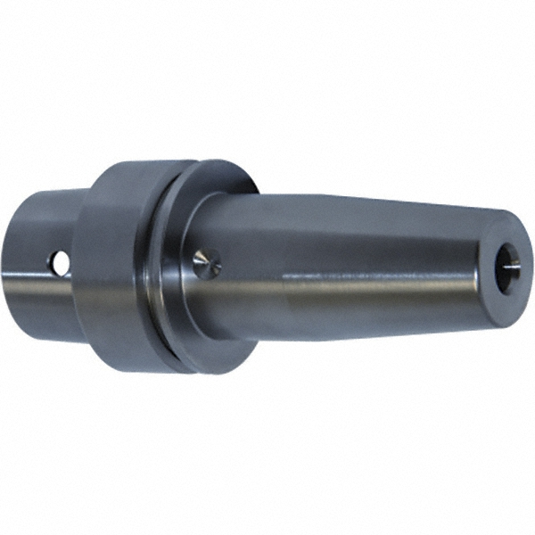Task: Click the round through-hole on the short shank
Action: (x=60, y=263)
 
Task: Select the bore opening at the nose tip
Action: (x=507, y=262)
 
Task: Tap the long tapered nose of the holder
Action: (x=357, y=267)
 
